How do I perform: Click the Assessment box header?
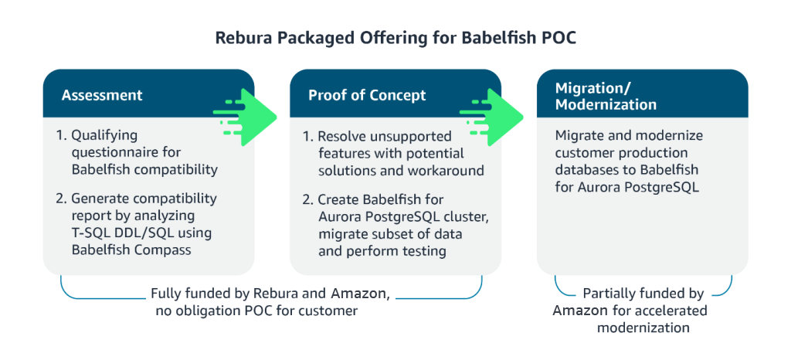tap(102, 95)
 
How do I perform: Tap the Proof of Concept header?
tap(367, 95)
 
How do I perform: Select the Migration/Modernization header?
tap(606, 95)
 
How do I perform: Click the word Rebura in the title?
tap(240, 38)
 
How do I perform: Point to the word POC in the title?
tap(558, 38)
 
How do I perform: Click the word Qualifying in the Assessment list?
tap(104, 135)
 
